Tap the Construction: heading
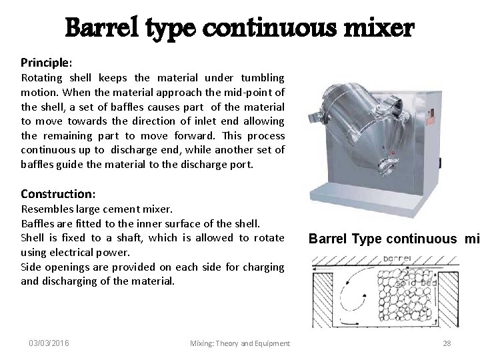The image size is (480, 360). click(x=58, y=193)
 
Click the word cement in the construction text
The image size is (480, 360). click(x=123, y=209)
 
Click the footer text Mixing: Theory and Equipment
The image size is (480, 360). click(x=239, y=343)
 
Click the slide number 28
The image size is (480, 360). click(x=446, y=343)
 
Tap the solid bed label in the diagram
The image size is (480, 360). click(x=413, y=284)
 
